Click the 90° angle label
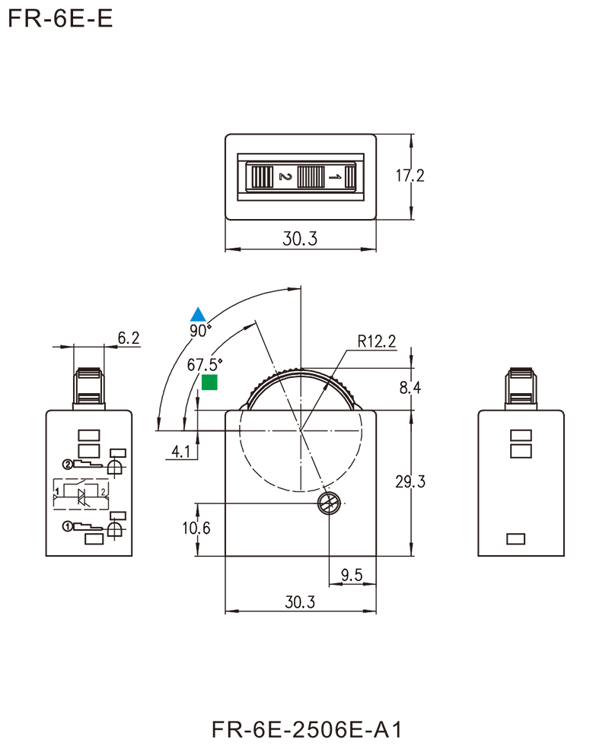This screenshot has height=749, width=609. (x=202, y=331)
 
